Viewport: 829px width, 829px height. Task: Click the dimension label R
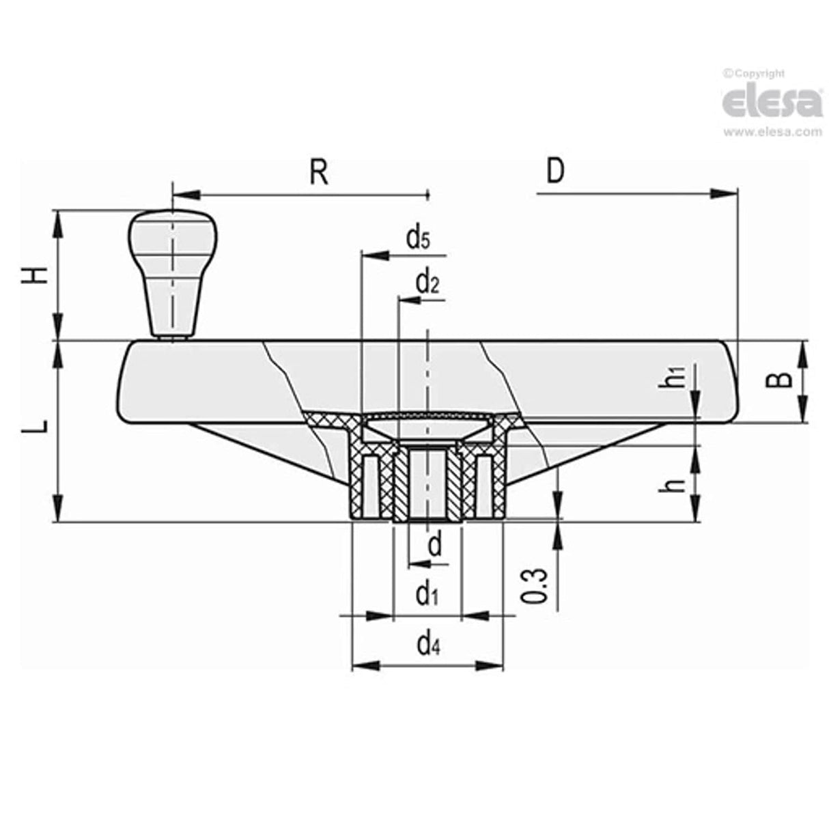[319, 173]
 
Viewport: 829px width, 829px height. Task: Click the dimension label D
[556, 171]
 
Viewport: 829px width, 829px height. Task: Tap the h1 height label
[675, 377]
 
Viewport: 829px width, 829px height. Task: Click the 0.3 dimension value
[537, 585]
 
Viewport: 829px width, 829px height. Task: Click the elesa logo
[772, 102]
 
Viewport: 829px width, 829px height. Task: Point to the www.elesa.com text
[772, 132]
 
